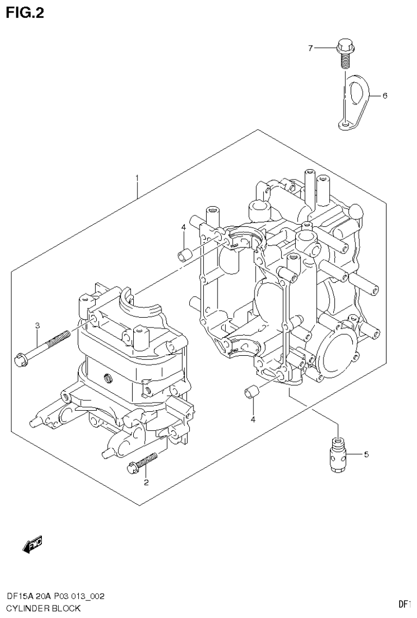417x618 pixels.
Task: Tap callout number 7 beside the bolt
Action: (x=311, y=48)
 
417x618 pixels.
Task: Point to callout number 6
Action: (x=384, y=96)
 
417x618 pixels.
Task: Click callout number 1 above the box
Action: (x=137, y=178)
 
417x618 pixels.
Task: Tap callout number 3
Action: (x=38, y=325)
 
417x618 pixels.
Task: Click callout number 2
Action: (x=146, y=482)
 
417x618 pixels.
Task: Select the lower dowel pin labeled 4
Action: (x=252, y=391)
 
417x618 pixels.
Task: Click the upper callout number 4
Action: (x=184, y=227)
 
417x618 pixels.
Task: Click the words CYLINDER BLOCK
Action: (x=43, y=608)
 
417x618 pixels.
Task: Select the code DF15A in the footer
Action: (x=18, y=597)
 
